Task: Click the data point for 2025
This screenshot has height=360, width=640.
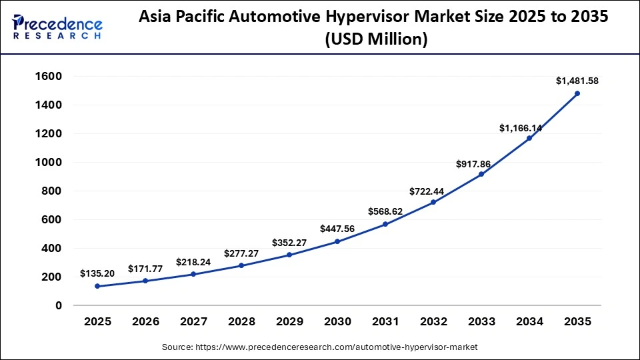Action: [x=97, y=286]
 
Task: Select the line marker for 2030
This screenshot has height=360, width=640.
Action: [x=337, y=241]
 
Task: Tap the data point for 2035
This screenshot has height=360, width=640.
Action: [x=577, y=93]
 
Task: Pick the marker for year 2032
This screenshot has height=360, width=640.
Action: [x=433, y=202]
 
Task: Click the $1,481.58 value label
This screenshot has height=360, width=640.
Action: [x=577, y=81]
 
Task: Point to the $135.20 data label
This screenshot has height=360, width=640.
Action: [x=97, y=273]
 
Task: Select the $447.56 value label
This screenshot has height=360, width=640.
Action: [x=337, y=229]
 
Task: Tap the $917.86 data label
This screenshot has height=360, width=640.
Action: [x=481, y=163]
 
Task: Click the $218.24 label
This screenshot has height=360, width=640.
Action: [x=193, y=262]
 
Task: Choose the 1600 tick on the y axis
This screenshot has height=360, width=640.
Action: [x=48, y=77]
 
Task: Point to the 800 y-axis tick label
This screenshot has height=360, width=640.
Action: [x=51, y=191]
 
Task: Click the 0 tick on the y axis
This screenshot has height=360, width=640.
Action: [x=59, y=306]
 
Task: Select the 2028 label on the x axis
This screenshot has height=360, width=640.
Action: [x=241, y=322]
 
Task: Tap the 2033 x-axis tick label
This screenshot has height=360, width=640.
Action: [x=481, y=322]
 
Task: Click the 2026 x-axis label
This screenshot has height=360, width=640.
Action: [x=145, y=322]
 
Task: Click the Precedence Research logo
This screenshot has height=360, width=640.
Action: [x=57, y=27]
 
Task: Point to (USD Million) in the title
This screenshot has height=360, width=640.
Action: [x=375, y=40]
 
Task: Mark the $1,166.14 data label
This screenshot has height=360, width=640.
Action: [x=521, y=128]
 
